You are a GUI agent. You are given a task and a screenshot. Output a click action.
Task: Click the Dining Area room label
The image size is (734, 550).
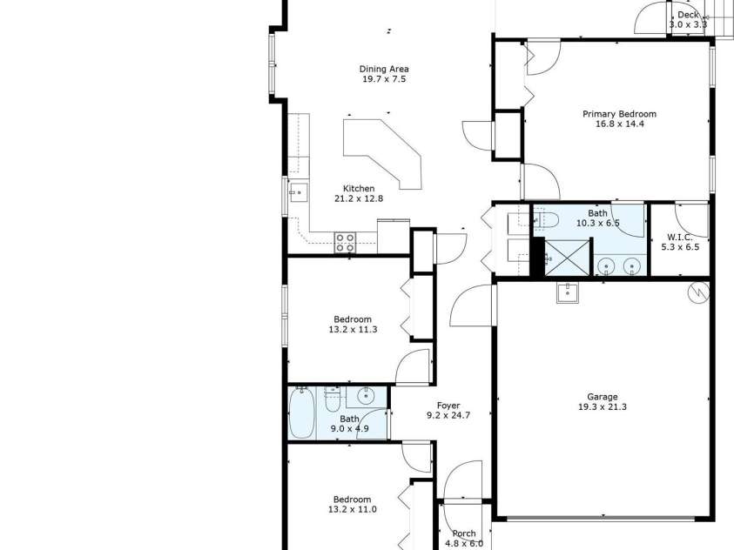click(x=384, y=70)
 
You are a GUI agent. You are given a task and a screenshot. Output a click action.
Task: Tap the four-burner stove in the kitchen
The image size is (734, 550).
click(x=345, y=242)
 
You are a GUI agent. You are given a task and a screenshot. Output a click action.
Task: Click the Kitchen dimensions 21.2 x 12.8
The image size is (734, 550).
click(x=359, y=198)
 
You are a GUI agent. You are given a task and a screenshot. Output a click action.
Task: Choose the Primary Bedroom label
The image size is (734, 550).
click(x=619, y=114)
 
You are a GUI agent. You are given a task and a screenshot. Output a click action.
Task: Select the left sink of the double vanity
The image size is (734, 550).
click(x=607, y=265)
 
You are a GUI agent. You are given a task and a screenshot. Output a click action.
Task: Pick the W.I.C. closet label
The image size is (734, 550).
click(x=679, y=237)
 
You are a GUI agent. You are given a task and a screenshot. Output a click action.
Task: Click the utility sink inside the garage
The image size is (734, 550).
click(x=569, y=292)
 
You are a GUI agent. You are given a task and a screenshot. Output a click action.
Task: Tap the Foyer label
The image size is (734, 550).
click(x=448, y=406)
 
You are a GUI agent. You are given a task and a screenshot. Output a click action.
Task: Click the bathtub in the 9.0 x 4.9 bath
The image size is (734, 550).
click(x=302, y=414)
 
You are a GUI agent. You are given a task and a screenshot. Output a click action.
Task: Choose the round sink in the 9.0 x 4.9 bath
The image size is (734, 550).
click(x=366, y=397)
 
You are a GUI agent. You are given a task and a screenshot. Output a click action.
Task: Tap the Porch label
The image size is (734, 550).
click(x=464, y=533)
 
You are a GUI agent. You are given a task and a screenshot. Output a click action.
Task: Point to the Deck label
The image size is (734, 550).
click(x=688, y=15)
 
